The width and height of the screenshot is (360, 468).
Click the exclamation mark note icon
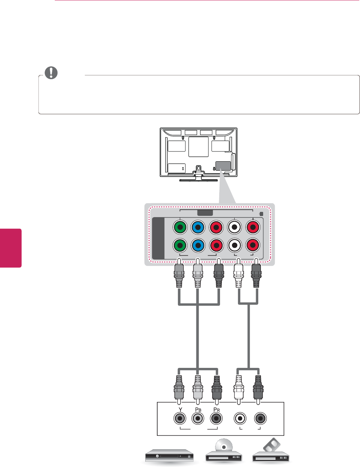[51, 73]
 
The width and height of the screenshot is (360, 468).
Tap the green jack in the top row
[180, 227]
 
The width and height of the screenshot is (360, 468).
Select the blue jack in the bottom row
[198, 245]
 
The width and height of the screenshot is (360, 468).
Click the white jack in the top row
[235, 227]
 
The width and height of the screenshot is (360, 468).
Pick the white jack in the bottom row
[235, 245]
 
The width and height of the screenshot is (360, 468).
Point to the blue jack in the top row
[198, 227]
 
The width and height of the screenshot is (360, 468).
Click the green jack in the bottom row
[180, 245]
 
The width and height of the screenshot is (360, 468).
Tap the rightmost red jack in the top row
[253, 227]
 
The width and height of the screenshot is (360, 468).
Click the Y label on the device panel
[180, 409]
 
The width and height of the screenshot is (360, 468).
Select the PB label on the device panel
[198, 409]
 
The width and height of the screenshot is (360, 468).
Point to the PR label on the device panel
[216, 409]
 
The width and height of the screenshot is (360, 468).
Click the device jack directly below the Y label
[180, 418]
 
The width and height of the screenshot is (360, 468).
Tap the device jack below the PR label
[216, 418]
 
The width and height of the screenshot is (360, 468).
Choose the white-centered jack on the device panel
[240, 418]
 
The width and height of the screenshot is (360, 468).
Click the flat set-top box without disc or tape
[170, 456]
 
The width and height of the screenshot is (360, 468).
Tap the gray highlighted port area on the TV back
[223, 166]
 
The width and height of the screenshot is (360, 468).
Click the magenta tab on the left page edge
[11, 248]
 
